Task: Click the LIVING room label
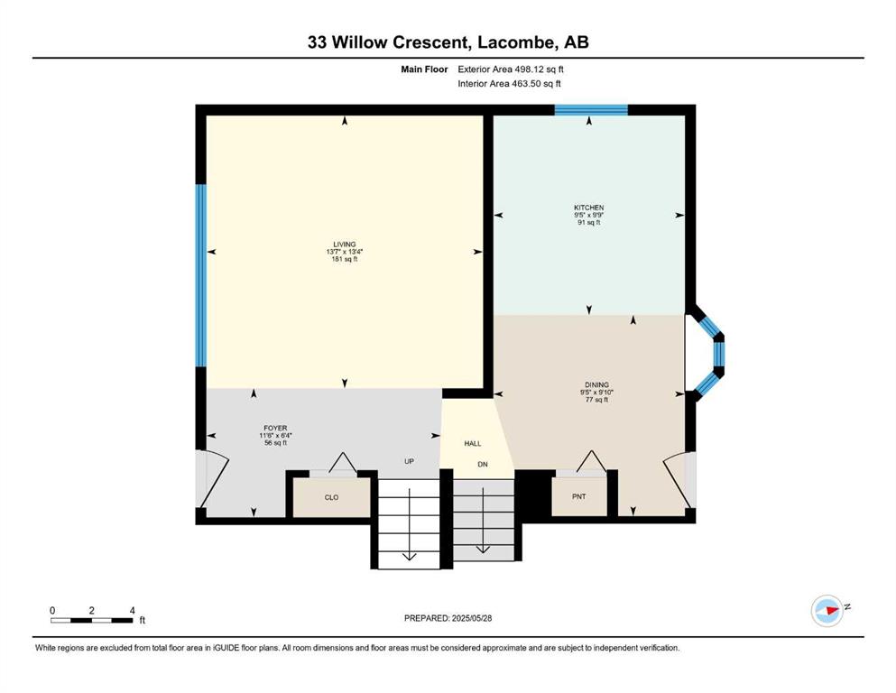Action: tap(345, 245)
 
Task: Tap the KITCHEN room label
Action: tap(589, 208)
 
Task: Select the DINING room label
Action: tap(596, 385)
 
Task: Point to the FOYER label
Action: tap(275, 428)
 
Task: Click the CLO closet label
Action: tap(331, 497)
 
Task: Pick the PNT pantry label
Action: tap(579, 497)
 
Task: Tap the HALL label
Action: tap(473, 443)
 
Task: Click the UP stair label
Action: tap(409, 461)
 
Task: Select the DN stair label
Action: tap(483, 465)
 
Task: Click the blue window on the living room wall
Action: tap(200, 275)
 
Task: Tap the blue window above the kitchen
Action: tap(591, 110)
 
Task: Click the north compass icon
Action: tap(827, 611)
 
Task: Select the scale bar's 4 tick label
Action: tap(132, 610)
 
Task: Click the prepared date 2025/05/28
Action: tap(471, 618)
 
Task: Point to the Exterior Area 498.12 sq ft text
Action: tap(511, 69)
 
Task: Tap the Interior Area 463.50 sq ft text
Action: tap(509, 83)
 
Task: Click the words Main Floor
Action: tap(425, 69)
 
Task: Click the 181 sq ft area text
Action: tap(345, 259)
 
